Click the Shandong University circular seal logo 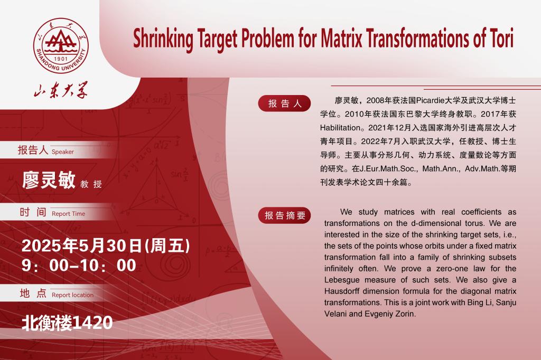coord(61,45)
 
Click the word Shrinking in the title coord(163,39)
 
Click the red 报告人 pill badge coord(284,103)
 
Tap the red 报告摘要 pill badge coord(285,215)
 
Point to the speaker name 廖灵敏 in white coord(49,179)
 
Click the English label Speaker coord(62,151)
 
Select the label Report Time coord(68,214)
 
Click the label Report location coord(72,295)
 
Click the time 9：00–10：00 coord(79,266)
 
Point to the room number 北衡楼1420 coord(67,323)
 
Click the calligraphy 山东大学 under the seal coord(61,90)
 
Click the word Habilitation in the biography coord(340,128)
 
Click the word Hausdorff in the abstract coord(342,291)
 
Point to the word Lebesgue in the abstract coord(342,280)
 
